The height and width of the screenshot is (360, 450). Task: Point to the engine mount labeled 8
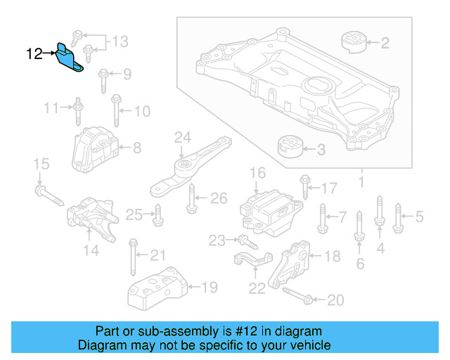[x=94, y=148]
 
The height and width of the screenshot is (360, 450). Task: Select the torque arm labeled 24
[x=189, y=168]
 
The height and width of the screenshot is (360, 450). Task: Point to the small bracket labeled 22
[x=252, y=263]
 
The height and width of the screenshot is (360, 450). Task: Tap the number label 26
[x=219, y=198]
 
